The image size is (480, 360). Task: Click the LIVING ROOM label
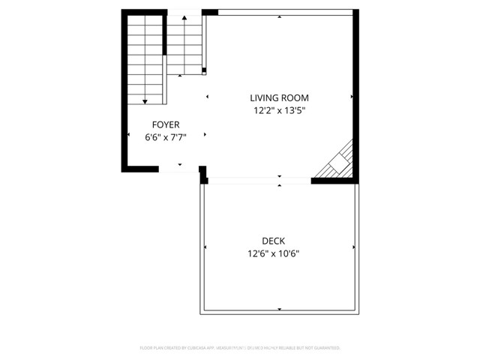click(279, 97)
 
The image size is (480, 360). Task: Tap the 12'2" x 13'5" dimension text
click(279, 110)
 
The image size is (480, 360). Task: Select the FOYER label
click(166, 124)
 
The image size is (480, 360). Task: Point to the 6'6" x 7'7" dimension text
click(166, 137)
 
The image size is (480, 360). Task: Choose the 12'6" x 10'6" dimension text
click(279, 253)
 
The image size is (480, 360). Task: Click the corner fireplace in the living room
click(337, 163)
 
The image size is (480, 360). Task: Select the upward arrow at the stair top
click(184, 16)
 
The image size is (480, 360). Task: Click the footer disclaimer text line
click(240, 348)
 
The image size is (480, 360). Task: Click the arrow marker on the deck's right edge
click(352, 247)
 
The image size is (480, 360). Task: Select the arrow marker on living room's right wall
click(351, 97)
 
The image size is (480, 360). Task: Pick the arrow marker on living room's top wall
click(279, 16)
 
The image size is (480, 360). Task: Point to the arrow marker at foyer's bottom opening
click(180, 164)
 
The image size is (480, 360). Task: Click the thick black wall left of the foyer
click(124, 90)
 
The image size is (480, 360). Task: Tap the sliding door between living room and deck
click(259, 180)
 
